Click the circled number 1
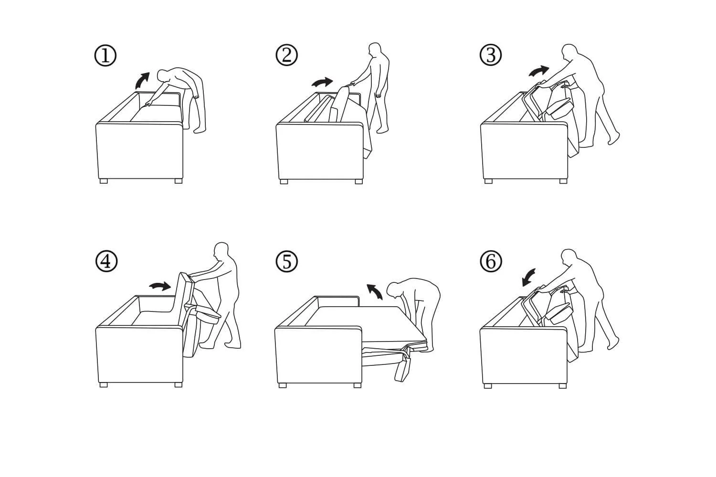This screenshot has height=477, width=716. (105, 56)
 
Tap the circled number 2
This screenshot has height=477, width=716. (286, 55)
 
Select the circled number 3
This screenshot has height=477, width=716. (491, 55)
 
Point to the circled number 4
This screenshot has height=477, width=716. (106, 261)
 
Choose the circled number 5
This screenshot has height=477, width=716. (286, 261)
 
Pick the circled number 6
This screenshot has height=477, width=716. (491, 261)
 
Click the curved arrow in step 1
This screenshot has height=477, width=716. (141, 81)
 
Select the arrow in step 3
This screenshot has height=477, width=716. (538, 71)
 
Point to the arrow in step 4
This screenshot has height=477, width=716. (160, 286)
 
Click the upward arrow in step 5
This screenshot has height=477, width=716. (375, 290)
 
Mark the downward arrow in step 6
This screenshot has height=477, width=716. (528, 277)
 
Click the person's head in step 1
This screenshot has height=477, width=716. (163, 76)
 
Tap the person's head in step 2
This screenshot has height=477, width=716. (375, 50)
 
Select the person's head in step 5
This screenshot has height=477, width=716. (393, 290)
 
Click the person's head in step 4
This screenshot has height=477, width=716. (221, 250)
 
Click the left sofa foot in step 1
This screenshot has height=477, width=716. (104, 181)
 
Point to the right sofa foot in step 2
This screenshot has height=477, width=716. (358, 181)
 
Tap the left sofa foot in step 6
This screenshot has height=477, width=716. (488, 386)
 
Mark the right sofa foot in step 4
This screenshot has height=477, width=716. (179, 384)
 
